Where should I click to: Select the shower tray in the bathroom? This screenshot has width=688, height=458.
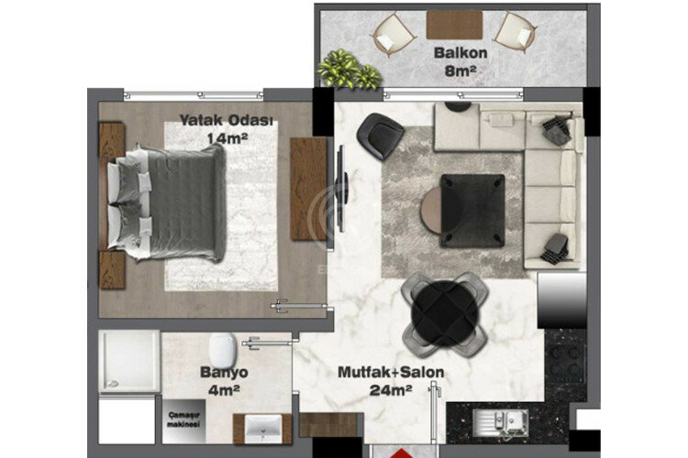(128, 363)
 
